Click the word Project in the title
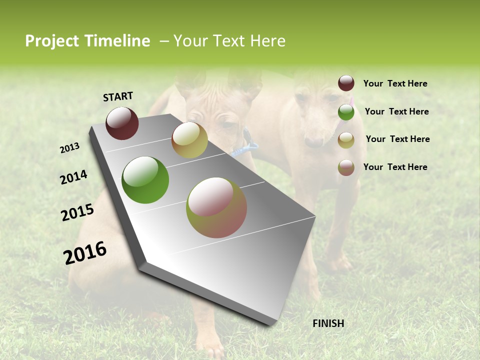[52, 41]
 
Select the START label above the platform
[118, 96]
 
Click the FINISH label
[328, 323]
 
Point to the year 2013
[70, 148]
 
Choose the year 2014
[73, 177]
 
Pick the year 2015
[77, 212]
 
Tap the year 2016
[85, 253]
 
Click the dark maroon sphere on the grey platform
[122, 123]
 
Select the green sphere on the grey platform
[145, 180]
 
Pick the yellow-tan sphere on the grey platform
[189, 140]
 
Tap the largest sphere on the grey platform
[216, 207]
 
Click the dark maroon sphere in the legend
[346, 83]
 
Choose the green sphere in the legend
[346, 112]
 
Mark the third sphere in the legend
[346, 140]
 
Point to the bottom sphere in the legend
[346, 167]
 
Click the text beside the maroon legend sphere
[395, 84]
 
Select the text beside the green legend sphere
[396, 111]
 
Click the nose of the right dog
[313, 143]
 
